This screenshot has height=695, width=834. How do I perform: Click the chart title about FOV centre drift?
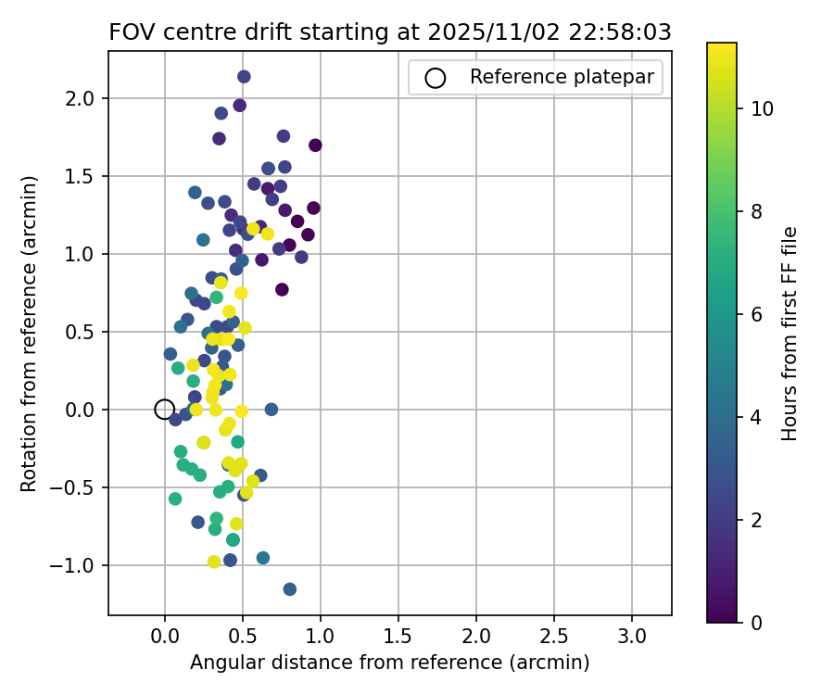[x=390, y=32]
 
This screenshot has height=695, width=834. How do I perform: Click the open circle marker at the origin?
[x=164, y=409]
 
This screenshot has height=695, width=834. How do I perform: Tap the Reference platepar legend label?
[x=564, y=77]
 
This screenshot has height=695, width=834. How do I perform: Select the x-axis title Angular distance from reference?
[x=390, y=663]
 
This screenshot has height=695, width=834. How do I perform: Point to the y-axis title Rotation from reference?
[x=29, y=334]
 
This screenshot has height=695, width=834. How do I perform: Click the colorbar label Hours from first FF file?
[x=790, y=334]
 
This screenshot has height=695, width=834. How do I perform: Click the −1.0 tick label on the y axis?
[x=81, y=565]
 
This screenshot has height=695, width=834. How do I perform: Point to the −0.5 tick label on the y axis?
[x=81, y=487]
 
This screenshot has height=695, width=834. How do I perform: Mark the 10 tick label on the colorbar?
[x=762, y=109]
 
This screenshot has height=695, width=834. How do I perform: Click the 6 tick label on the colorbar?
[x=757, y=314]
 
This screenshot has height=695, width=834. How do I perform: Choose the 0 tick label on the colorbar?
[x=757, y=622]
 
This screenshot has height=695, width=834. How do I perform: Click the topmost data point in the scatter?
[x=244, y=77]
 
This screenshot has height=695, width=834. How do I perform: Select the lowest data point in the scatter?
[x=290, y=589]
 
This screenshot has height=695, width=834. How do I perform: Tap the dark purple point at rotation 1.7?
[x=315, y=145]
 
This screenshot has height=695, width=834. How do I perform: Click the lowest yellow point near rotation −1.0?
[x=214, y=562]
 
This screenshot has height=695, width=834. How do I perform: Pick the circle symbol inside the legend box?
[x=436, y=78]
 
